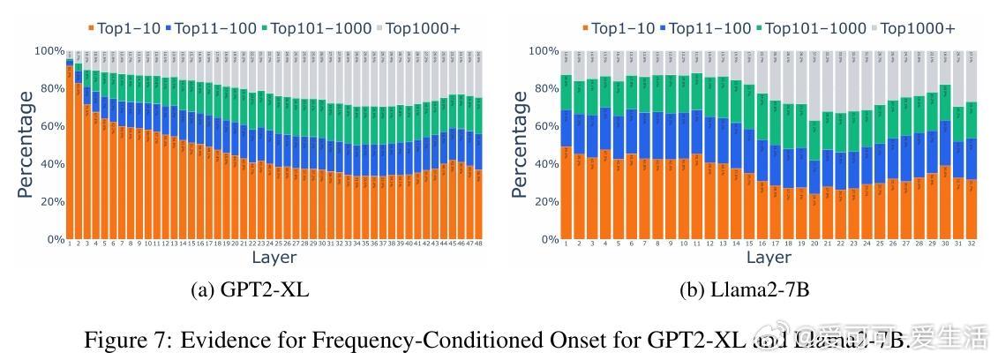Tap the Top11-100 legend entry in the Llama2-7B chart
(707, 28)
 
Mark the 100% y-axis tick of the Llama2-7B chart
(544, 51)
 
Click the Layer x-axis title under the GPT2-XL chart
(274, 258)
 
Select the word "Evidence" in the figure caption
(215, 341)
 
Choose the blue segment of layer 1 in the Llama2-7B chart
(566, 128)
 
